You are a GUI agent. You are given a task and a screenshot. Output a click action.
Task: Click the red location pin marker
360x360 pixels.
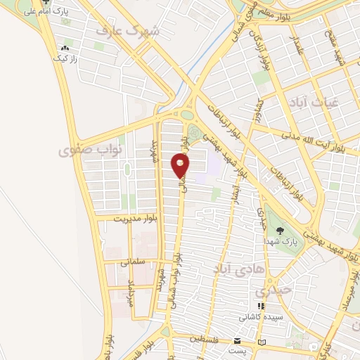pyautogui.click(x=180, y=165)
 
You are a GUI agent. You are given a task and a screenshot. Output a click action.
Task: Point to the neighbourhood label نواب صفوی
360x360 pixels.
pyautogui.click(x=99, y=150)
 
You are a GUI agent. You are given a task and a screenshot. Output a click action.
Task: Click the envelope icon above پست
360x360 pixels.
pyautogui.click(x=237, y=341)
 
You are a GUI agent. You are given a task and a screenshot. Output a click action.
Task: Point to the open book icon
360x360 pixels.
pyautogui.click(x=262, y=342)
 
